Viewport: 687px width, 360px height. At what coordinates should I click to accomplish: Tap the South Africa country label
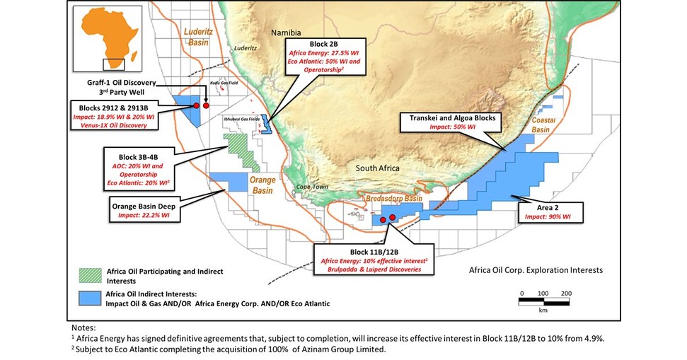click(x=378, y=169)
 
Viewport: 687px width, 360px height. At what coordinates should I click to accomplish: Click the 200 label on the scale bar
click(x=565, y=292)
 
